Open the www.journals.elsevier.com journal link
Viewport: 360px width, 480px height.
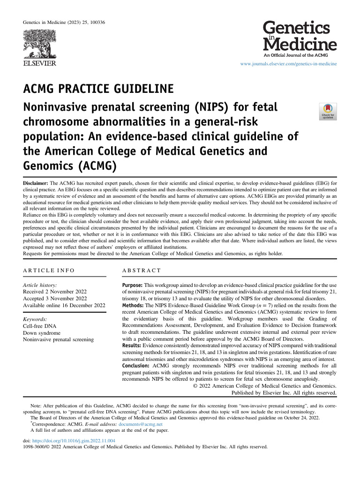[288, 63]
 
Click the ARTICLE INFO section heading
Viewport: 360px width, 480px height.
[48, 271]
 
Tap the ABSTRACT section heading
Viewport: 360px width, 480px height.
[141, 271]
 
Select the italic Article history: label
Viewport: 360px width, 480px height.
[40, 285]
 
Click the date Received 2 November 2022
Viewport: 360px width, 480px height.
[54, 292]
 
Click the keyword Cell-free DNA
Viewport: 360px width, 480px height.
[39, 326]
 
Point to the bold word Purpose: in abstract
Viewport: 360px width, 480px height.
[132, 285]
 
